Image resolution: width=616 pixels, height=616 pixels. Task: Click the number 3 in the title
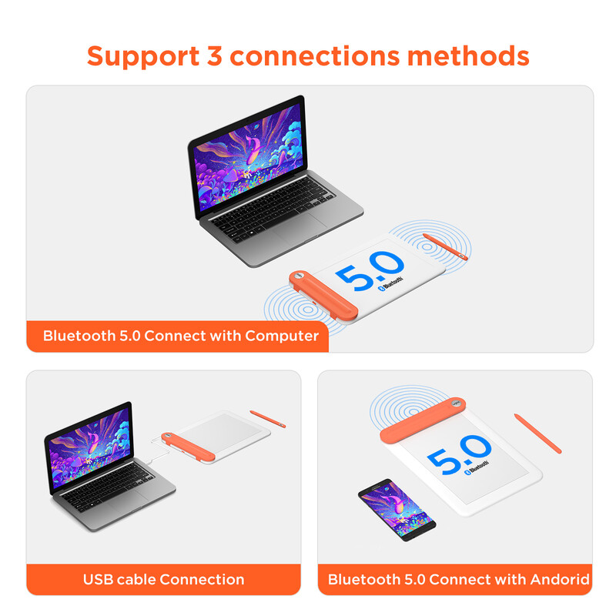pos(214,55)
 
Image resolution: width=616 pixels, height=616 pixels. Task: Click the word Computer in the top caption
pos(282,336)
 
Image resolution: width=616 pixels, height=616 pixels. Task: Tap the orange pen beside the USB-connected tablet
pos(269,418)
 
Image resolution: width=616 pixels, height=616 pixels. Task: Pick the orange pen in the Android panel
pos(537,433)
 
